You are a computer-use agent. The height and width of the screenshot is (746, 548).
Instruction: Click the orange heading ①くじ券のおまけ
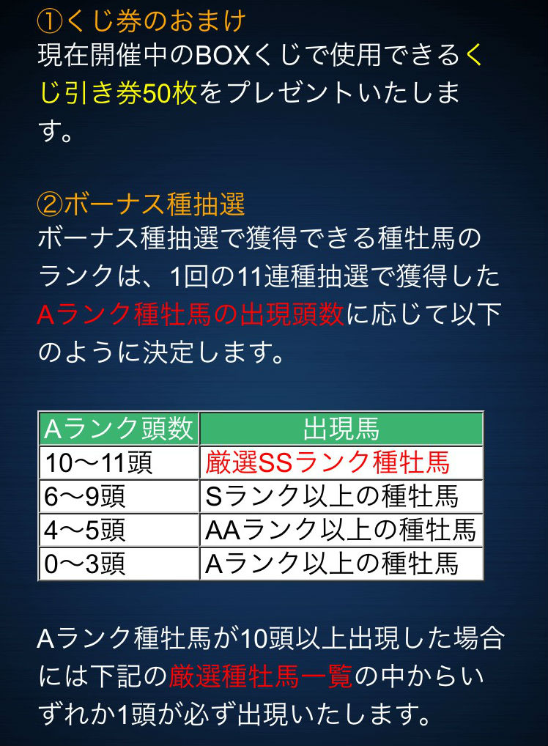[141, 21]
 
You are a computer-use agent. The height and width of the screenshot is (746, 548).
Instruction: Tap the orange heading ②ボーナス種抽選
[141, 204]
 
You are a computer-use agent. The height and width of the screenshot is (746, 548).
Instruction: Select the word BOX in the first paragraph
[223, 56]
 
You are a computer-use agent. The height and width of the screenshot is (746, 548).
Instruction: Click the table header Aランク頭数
[119, 428]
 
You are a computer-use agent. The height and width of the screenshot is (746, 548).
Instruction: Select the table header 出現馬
[341, 428]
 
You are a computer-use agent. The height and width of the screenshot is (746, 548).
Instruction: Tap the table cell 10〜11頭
[98, 462]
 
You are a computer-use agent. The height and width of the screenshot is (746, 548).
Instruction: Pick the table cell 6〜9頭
[84, 496]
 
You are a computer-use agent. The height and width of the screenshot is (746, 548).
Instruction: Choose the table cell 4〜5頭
[84, 530]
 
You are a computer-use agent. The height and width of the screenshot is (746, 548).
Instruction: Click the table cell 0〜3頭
[84, 564]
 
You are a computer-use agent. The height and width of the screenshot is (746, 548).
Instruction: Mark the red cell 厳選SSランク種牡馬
[327, 462]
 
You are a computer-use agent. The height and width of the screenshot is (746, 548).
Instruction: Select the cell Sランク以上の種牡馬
[332, 496]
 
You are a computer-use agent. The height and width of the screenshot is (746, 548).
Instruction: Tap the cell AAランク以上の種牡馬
[341, 530]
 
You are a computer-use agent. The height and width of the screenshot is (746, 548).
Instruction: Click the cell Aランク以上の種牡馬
[332, 564]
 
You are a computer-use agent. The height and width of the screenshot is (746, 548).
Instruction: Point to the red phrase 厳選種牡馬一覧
[261, 676]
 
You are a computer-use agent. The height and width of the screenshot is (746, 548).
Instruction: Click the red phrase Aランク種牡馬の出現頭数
[190, 314]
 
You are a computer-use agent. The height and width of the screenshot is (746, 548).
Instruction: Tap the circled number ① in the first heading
[50, 22]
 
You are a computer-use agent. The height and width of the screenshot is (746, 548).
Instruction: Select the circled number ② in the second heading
[50, 204]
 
